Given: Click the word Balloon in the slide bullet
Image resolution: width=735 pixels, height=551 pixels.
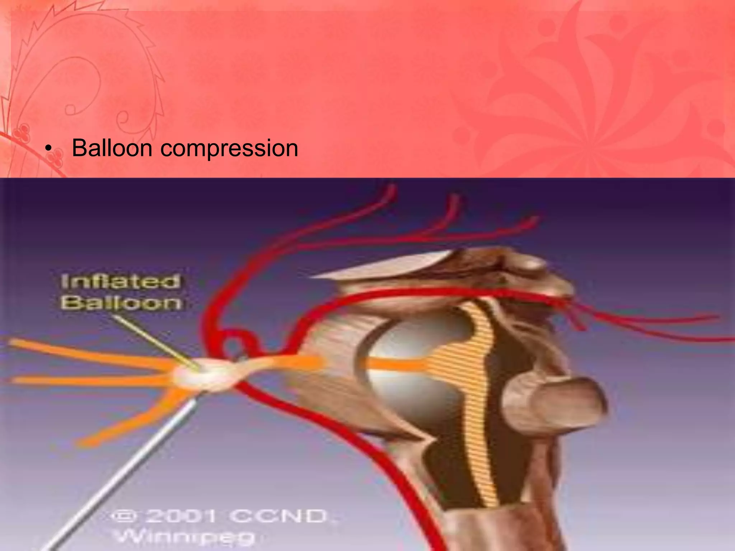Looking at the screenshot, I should (113, 148).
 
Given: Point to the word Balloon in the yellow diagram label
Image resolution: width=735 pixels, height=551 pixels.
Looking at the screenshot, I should (121, 303).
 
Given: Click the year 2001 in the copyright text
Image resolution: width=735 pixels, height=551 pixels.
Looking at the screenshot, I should (181, 517).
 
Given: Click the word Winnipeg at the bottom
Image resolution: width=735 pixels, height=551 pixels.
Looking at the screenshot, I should (185, 537).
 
